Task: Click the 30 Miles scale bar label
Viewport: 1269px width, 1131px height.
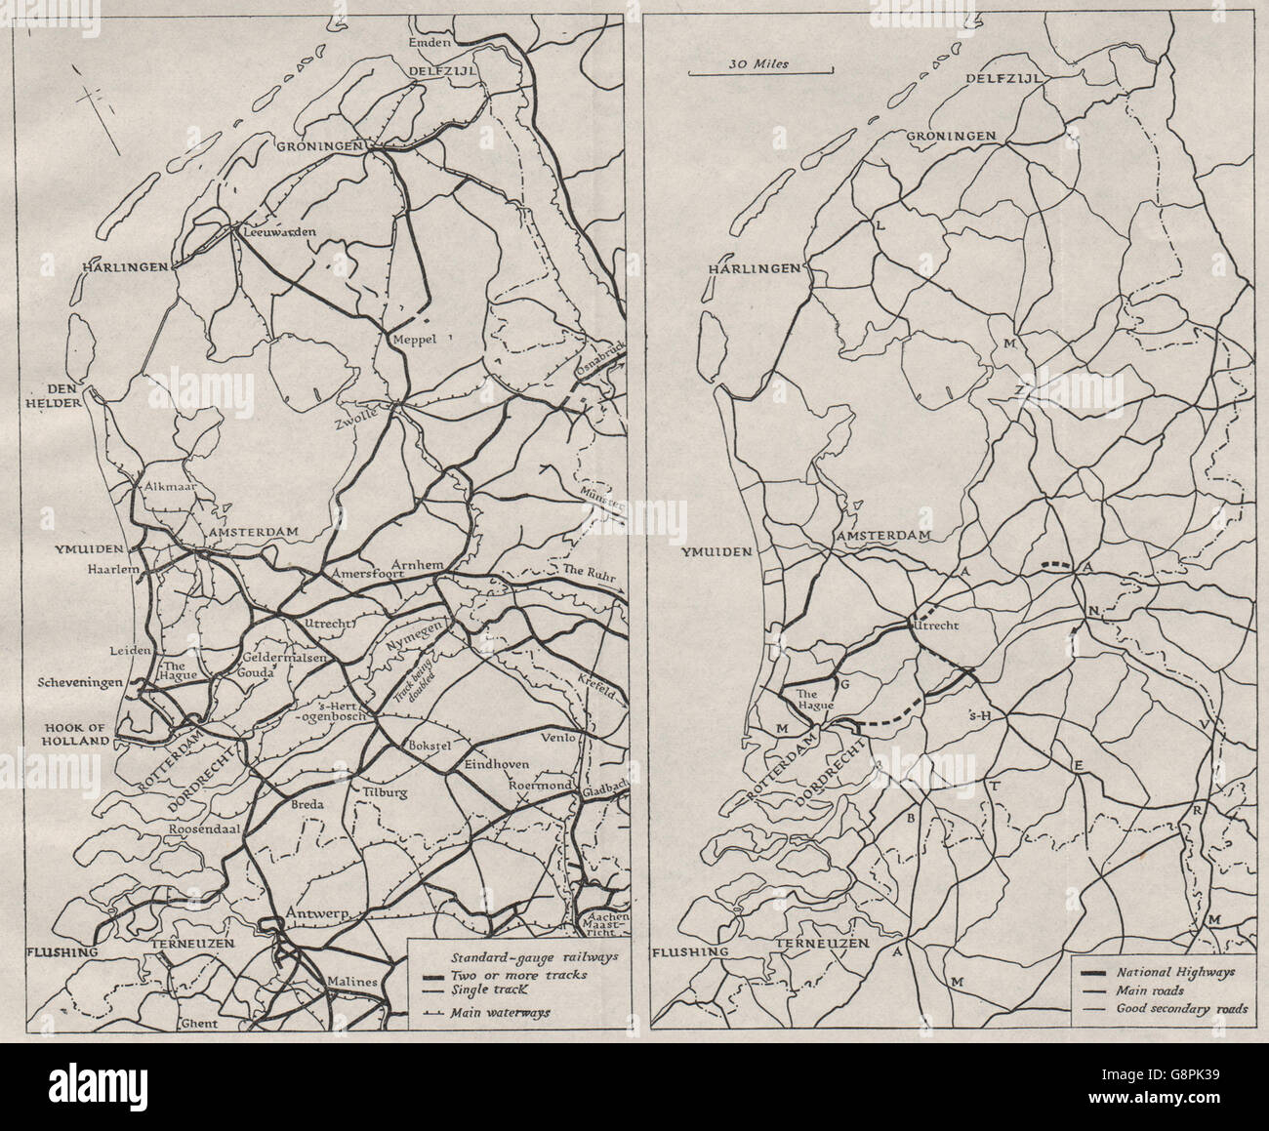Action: (759, 63)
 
